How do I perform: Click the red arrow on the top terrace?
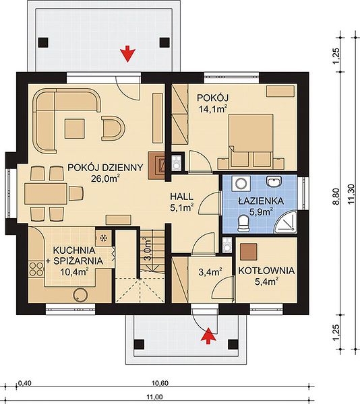[x=128, y=53]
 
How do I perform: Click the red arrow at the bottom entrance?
[x=208, y=335]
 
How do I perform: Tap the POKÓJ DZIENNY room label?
[x=105, y=168]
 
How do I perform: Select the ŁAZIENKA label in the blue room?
[x=261, y=201]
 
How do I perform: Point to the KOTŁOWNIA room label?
[x=266, y=271]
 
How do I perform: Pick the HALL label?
[x=181, y=197]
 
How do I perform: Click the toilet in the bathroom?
[x=243, y=223]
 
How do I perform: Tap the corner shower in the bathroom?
[x=285, y=222]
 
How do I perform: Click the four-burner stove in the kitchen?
[x=36, y=269]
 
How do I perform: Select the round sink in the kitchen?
[x=80, y=294]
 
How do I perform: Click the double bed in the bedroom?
[x=250, y=141]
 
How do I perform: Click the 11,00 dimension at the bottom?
[x=156, y=397]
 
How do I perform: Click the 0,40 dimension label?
[x=25, y=383]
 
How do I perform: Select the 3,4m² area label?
[x=211, y=271]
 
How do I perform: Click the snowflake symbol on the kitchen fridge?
[x=103, y=238]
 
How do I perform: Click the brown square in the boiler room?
[x=249, y=252]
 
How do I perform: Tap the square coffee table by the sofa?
[x=75, y=129]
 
